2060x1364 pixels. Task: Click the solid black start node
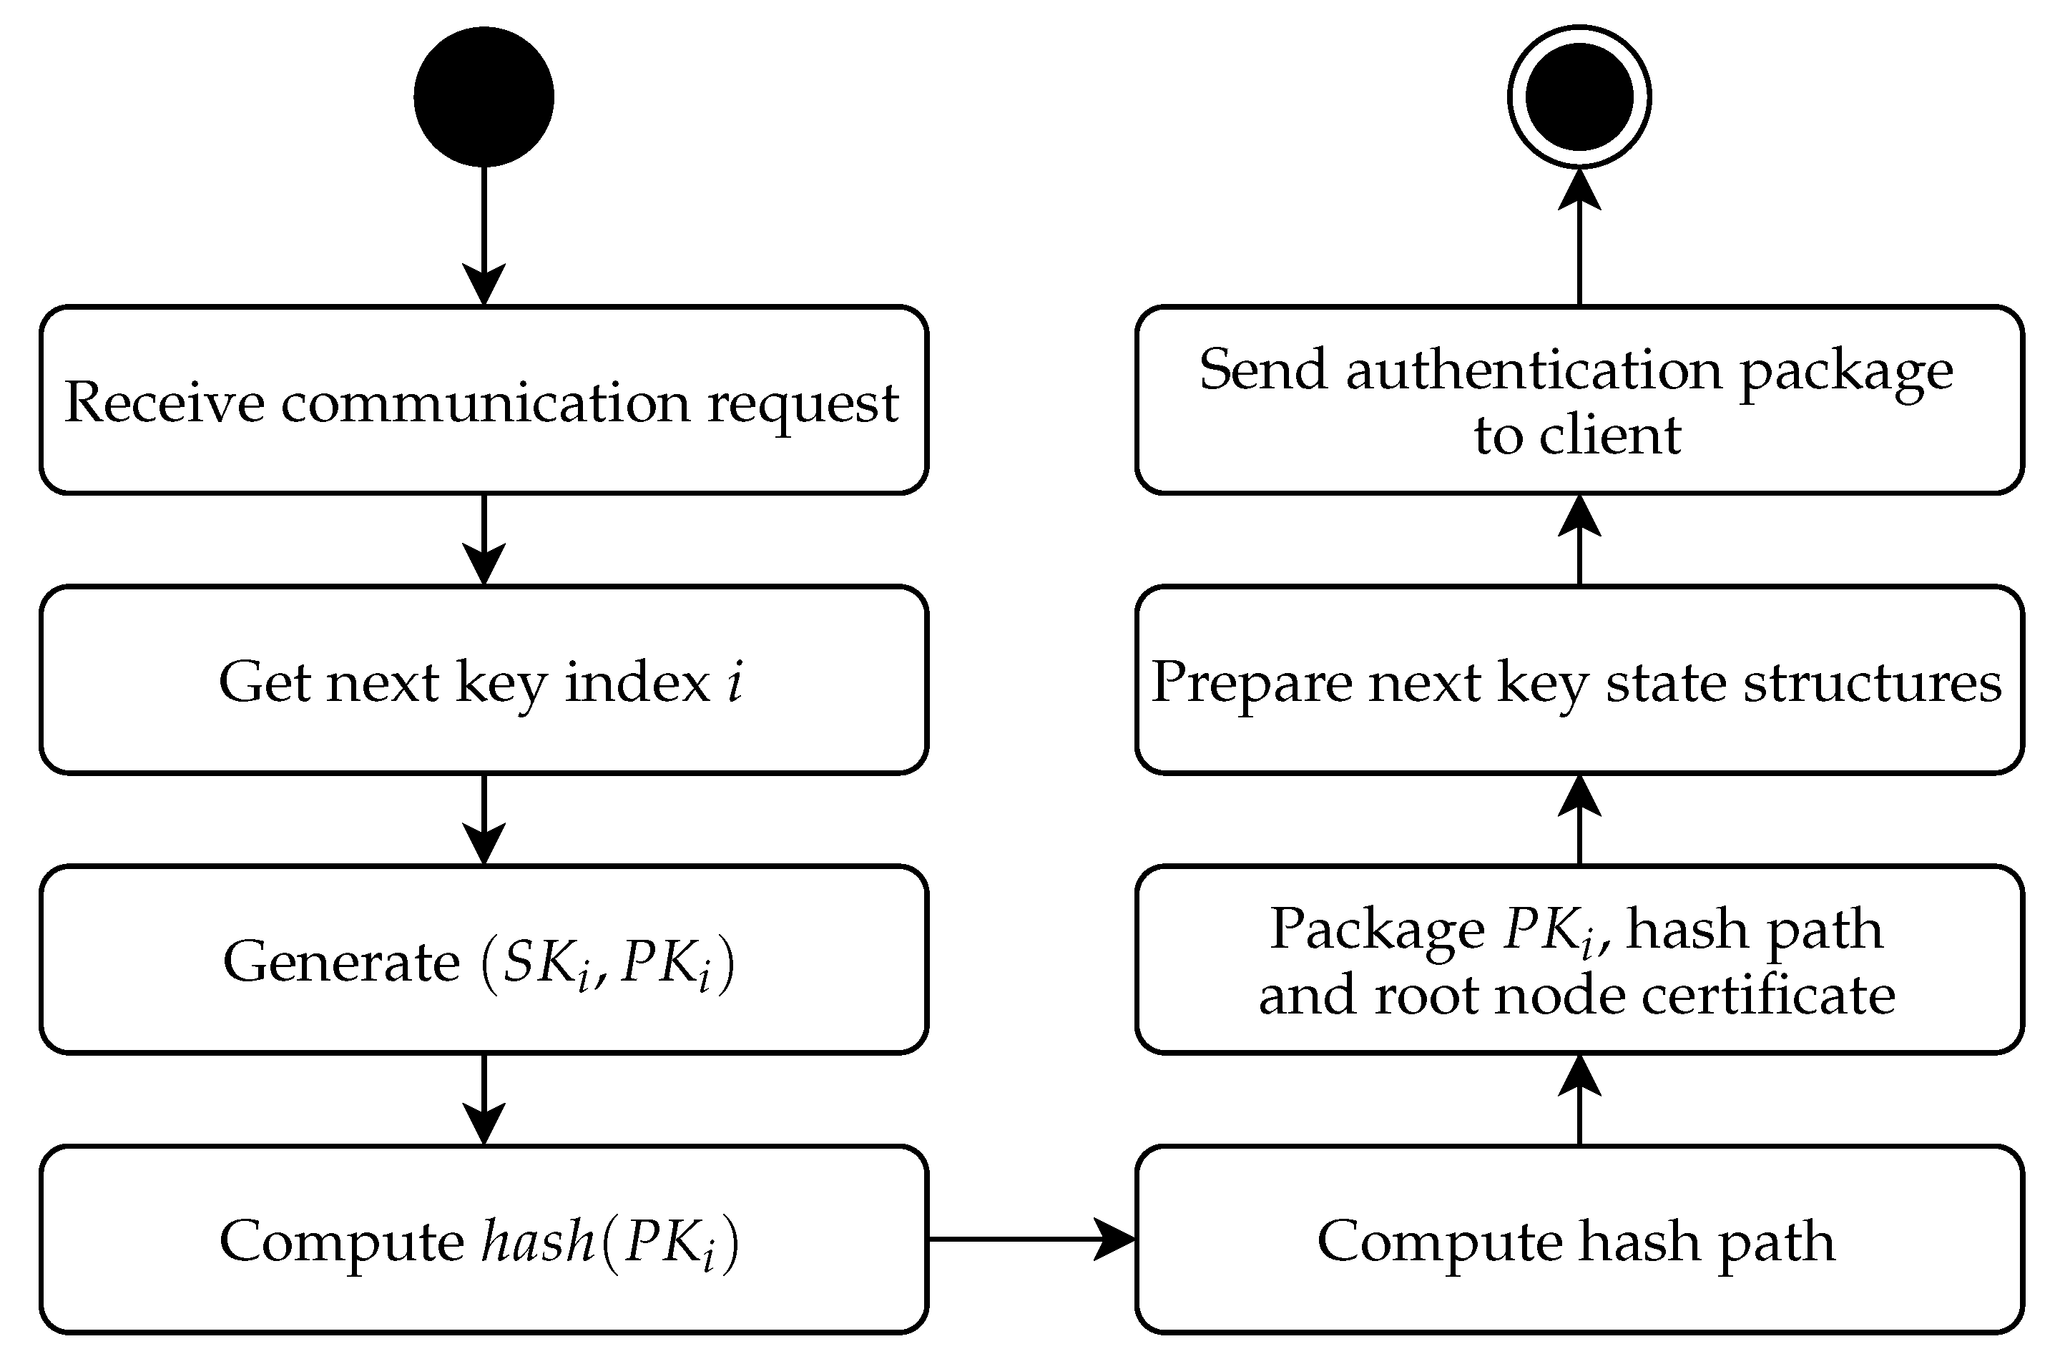coord(484,97)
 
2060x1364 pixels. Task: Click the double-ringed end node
coord(1579,97)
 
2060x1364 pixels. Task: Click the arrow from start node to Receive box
coord(484,235)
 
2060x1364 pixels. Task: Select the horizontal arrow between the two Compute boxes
coord(1031,1239)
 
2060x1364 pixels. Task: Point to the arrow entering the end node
coord(1579,235)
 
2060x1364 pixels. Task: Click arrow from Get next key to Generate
coord(484,818)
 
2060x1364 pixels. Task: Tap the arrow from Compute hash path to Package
coord(1579,1099)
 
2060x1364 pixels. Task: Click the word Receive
coord(165,402)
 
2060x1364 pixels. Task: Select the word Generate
coord(341,961)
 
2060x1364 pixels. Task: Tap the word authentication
coord(1534,370)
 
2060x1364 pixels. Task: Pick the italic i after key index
coord(736,680)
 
